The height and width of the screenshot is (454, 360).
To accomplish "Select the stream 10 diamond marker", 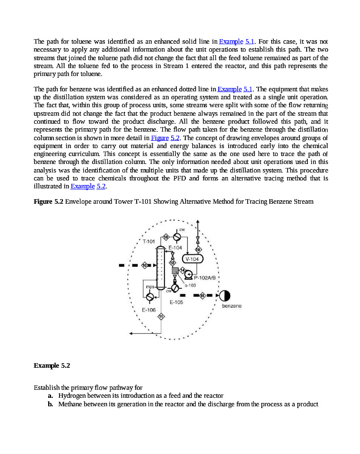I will point(145,265).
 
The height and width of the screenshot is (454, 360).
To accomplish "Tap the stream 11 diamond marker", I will point(162,316).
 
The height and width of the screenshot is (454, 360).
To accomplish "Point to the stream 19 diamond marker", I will point(198,249).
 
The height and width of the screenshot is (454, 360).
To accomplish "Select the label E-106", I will point(148,310).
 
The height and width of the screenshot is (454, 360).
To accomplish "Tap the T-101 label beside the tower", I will point(149,241).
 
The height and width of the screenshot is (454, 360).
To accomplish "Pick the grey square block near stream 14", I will point(175,270).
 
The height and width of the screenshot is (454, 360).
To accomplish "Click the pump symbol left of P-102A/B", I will point(188,275).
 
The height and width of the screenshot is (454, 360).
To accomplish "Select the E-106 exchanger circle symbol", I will point(150,297).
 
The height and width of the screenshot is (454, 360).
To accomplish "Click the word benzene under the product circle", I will point(231,306).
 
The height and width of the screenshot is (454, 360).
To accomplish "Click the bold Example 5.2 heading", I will point(52,364).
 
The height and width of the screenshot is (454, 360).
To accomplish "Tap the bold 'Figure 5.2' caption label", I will point(48,202).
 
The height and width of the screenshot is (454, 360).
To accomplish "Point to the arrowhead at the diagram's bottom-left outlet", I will point(131,333).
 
